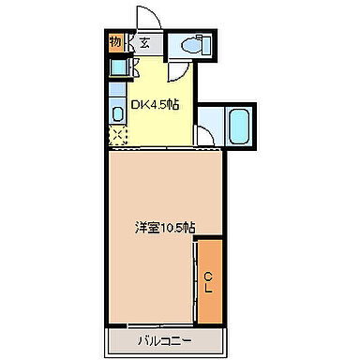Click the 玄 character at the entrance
(x=146, y=43)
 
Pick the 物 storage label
(x=115, y=41)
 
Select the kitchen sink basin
(x=117, y=112)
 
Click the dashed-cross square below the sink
(x=116, y=136)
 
